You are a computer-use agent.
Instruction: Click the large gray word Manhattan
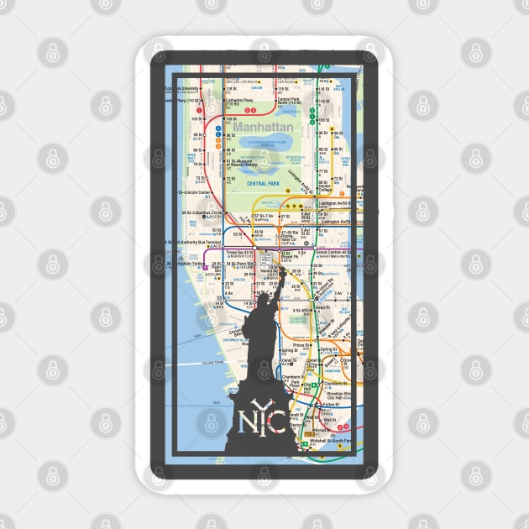pos(264,127)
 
